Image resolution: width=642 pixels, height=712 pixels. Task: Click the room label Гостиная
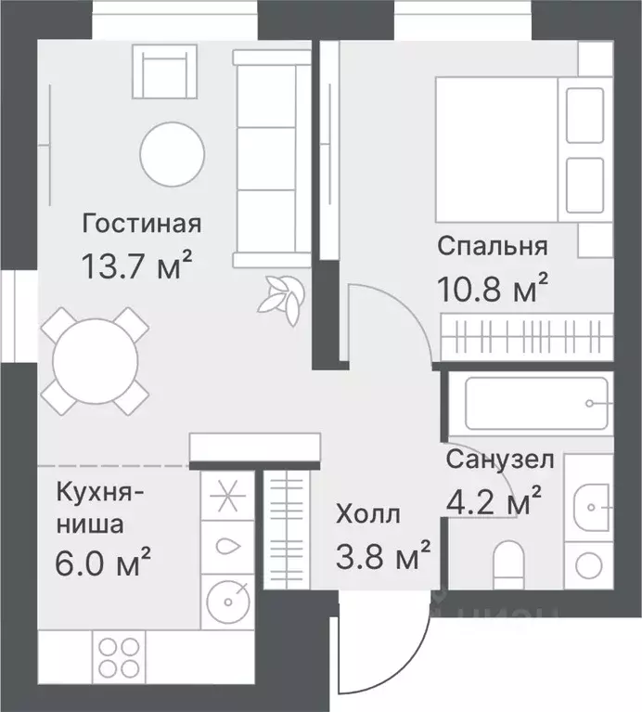point(141,224)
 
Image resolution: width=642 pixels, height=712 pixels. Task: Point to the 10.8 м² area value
point(491,290)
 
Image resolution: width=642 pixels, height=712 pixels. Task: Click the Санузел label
point(500,459)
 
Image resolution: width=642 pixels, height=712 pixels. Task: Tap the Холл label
point(368,512)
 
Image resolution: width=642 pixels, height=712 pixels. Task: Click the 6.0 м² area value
point(104,560)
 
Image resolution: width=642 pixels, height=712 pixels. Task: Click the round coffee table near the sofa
point(173,153)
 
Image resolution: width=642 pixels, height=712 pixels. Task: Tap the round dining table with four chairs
point(96,361)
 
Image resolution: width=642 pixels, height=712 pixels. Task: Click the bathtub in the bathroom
point(525,402)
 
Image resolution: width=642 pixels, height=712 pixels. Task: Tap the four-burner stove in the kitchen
point(120,658)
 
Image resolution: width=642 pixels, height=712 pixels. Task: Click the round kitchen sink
point(225,595)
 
